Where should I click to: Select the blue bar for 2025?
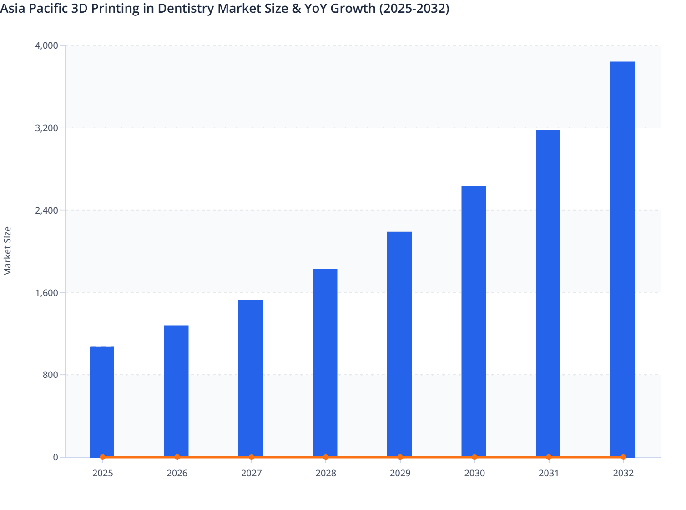tap(102, 401)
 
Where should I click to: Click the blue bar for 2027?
tap(251, 378)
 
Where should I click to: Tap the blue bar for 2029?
tap(399, 344)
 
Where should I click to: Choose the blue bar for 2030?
tap(474, 321)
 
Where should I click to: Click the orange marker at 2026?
tap(177, 457)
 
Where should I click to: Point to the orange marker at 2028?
tap(326, 457)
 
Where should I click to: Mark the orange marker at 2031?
tap(549, 457)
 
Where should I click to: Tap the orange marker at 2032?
tap(623, 457)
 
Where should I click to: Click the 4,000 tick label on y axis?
tap(47, 46)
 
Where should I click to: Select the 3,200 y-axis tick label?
tap(47, 128)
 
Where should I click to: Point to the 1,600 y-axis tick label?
tap(47, 292)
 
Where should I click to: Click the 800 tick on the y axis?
tap(51, 375)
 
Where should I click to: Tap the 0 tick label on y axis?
tap(55, 457)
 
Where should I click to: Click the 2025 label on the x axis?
tap(102, 473)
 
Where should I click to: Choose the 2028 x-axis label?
tap(326, 473)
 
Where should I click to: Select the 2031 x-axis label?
tap(549, 473)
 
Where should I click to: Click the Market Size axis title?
tap(8, 251)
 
